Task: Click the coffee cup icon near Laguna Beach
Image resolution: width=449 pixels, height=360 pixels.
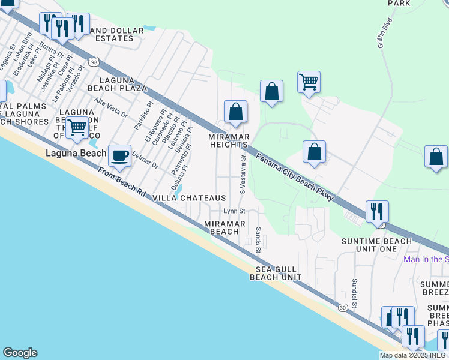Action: click(x=120, y=155)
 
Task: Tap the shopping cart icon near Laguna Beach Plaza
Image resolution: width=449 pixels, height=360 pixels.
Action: click(x=77, y=128)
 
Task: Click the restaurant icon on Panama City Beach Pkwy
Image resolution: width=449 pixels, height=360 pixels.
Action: click(x=377, y=212)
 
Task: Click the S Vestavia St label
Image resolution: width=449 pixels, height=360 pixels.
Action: click(x=243, y=175)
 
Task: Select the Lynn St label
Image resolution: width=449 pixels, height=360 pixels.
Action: click(x=234, y=211)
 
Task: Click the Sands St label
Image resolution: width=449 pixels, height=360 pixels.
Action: click(x=258, y=239)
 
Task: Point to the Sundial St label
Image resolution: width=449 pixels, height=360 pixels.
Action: click(x=355, y=293)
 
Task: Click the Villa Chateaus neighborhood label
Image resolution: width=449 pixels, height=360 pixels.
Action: click(x=189, y=198)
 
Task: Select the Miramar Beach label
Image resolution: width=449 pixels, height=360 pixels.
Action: click(x=225, y=227)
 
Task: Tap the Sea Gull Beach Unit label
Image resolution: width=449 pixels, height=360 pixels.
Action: click(x=276, y=273)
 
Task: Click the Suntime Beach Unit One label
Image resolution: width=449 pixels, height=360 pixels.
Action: click(x=376, y=245)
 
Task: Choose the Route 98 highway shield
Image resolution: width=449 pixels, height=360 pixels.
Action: click(x=94, y=62)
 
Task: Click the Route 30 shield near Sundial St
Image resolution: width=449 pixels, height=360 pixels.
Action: click(x=342, y=307)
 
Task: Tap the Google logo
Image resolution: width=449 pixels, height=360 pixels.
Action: click(x=20, y=353)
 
